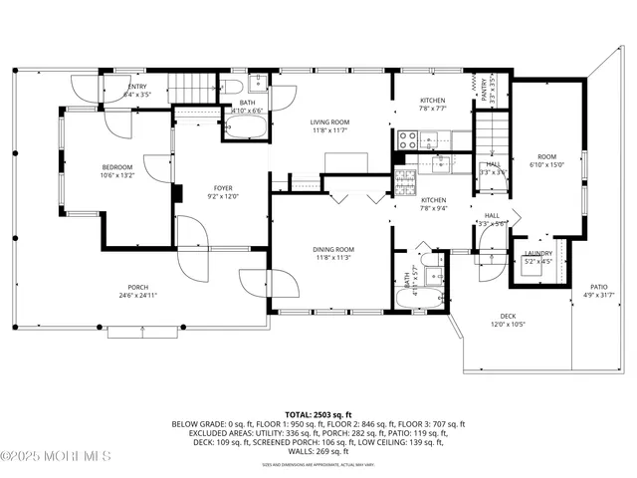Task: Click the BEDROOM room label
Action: (116, 167)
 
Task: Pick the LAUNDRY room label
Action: (538, 253)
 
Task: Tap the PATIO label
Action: (598, 287)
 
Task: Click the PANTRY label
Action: (487, 88)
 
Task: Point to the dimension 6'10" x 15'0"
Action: (547, 165)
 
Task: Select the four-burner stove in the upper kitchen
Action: (408, 140)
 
